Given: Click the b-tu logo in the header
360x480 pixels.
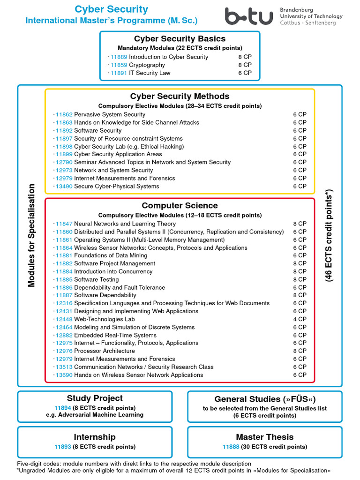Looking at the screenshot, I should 248,16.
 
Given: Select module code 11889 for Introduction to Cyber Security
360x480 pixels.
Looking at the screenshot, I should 119,57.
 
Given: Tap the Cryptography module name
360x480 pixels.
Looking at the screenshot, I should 147,65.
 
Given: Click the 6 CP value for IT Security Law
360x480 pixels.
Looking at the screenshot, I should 245,73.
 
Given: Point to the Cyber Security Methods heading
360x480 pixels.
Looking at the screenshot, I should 180,97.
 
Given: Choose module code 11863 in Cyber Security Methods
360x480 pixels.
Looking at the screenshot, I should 64,123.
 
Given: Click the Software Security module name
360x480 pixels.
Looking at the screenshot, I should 97,131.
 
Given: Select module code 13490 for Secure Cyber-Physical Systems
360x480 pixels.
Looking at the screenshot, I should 64,187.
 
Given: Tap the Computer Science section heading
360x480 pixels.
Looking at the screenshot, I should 180,206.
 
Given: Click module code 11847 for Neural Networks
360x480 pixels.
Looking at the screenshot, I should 64,224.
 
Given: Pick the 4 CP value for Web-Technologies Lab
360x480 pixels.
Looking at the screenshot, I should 300,319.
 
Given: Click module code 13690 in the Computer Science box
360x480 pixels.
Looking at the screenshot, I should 64,375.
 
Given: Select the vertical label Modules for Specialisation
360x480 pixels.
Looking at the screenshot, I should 32,235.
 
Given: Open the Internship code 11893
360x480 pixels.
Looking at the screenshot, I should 62,447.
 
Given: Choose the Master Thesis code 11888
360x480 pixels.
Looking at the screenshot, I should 231,447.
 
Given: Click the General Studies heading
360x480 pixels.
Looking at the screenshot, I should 265,399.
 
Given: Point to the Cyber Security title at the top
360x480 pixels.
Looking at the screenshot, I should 112,9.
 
